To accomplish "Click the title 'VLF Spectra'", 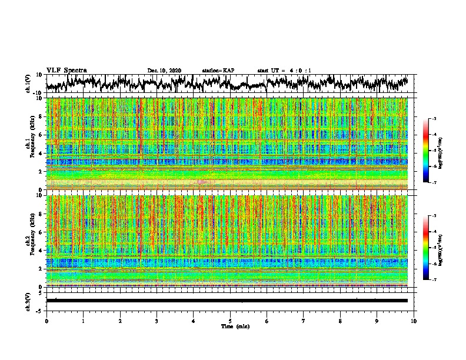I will pos(66,70).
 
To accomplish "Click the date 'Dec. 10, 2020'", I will pos(164,71).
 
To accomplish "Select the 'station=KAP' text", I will pos(218,71).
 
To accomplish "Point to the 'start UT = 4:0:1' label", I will pos(284,71).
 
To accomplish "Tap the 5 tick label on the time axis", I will pos(230,321).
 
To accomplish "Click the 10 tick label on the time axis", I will pos(414,321).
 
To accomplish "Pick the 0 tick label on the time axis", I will pos(46,321).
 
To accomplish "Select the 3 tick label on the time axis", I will pos(157,321).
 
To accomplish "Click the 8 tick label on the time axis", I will pos(340,321).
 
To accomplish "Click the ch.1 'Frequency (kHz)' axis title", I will pos(30,144).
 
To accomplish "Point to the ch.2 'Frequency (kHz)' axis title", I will pos(30,241).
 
